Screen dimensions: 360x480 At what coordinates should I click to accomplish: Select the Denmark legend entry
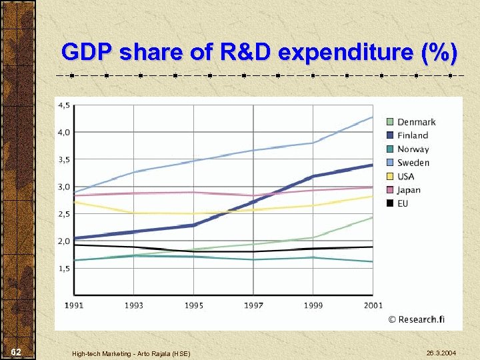click(x=410, y=122)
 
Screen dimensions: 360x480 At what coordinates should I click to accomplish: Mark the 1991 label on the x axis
click(x=74, y=305)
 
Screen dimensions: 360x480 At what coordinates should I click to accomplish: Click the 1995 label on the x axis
click(x=193, y=305)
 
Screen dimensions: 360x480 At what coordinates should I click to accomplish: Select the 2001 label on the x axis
click(x=373, y=305)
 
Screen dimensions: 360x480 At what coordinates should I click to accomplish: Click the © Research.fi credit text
click(x=417, y=319)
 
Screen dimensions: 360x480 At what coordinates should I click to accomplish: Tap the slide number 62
click(x=17, y=351)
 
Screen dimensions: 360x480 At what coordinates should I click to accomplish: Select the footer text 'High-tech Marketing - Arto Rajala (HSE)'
click(x=131, y=353)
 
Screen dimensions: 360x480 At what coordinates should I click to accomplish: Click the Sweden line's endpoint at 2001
click(x=373, y=117)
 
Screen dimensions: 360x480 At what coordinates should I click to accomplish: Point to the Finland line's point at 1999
click(x=313, y=177)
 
